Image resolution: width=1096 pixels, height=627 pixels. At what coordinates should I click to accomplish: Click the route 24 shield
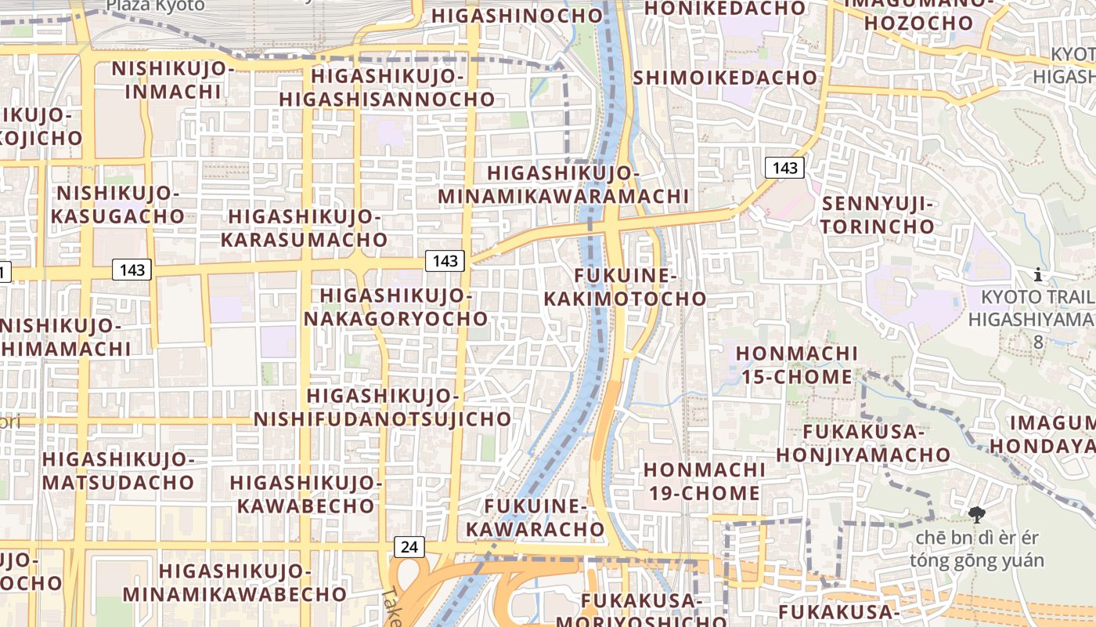(x=409, y=546)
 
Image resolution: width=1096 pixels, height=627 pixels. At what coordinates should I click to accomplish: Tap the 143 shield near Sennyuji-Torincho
(x=784, y=167)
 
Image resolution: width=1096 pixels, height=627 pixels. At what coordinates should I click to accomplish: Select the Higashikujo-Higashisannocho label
(x=387, y=88)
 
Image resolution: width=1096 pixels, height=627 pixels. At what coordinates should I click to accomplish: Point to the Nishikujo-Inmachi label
(x=172, y=80)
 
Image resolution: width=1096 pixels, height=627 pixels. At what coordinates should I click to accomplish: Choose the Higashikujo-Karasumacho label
(x=304, y=228)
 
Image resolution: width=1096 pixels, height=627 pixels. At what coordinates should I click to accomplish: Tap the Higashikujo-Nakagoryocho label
(x=395, y=307)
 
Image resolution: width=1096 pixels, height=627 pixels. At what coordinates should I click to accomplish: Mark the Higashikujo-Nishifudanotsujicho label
(x=382, y=408)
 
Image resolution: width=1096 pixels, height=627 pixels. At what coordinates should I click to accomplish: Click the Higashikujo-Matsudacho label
(x=118, y=470)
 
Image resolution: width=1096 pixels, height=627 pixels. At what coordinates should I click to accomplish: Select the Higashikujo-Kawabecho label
(x=306, y=494)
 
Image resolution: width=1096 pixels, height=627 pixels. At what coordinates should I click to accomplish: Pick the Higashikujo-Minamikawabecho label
(x=234, y=582)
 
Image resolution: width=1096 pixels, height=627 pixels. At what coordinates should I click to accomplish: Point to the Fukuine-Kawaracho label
(x=535, y=517)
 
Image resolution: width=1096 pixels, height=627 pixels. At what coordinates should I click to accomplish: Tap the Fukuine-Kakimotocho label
(x=625, y=287)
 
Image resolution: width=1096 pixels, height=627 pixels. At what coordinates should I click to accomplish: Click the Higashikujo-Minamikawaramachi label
(x=563, y=185)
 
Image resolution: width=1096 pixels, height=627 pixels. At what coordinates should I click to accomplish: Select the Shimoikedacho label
(x=725, y=78)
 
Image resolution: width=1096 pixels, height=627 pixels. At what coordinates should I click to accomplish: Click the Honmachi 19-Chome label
(x=703, y=481)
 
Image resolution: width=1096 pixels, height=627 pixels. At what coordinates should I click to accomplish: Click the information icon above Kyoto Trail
(x=1038, y=274)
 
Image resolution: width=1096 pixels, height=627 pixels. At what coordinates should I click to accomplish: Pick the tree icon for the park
(x=976, y=515)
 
